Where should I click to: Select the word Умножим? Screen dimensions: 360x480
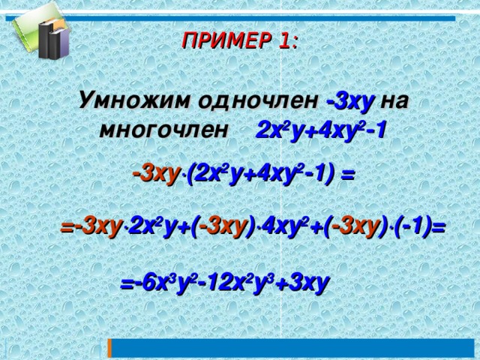pos(125,100)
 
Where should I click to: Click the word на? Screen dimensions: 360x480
pos(394,100)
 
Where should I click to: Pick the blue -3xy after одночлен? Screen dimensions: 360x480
pos(350,100)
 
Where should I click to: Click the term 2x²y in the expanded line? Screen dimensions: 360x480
pos(151,226)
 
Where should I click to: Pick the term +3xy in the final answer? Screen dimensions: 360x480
pos(303,286)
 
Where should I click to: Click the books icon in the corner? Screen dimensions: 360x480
pos(41,33)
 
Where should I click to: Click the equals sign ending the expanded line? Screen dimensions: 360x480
pos(439,227)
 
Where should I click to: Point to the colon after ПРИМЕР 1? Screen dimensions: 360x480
pos(294,43)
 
